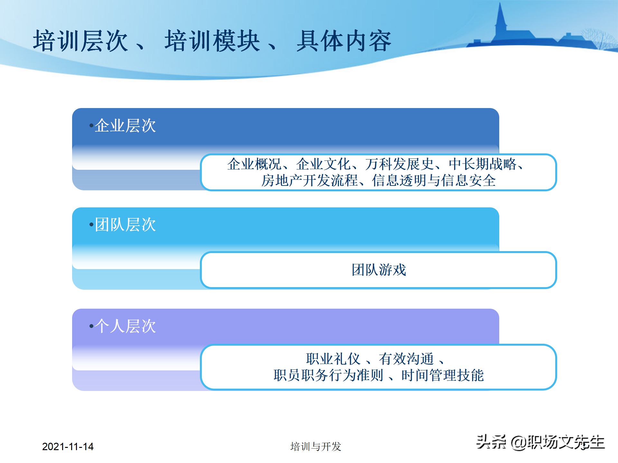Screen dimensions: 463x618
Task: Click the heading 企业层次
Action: [125, 125]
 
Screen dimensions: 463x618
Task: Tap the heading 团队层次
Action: [125, 224]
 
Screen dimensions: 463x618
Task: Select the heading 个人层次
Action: [125, 326]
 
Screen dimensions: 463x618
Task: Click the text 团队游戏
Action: [379, 270]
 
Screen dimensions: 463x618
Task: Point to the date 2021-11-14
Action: [68, 446]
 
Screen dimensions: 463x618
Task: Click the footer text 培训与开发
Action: [315, 446]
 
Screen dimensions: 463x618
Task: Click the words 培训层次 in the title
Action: [80, 41]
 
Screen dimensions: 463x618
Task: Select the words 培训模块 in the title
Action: [212, 41]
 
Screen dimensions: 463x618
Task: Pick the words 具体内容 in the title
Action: [344, 41]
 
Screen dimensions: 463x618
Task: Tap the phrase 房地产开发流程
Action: [309, 180]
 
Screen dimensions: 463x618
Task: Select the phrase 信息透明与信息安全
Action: [434, 180]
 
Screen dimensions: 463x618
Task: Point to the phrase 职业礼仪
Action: [333, 359]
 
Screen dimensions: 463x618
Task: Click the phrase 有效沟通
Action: [406, 359]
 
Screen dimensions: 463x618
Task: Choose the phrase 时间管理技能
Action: [443, 375]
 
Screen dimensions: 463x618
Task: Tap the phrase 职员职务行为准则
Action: [328, 375]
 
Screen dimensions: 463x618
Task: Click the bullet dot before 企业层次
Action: [91, 125]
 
